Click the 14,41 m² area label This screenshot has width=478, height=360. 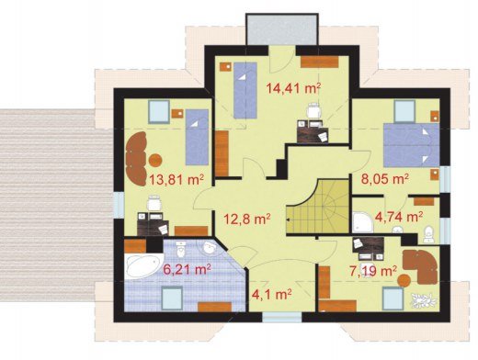pos(293,88)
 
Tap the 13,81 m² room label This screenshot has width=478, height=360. pos(176,180)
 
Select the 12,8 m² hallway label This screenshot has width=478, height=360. pos(246,219)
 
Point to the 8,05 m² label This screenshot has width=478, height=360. pos(385,179)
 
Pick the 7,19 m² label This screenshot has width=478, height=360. pos(373,271)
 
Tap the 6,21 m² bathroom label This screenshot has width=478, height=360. pos(187,270)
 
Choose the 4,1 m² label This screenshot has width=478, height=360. pos(271,295)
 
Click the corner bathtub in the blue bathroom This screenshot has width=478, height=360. pos(143,265)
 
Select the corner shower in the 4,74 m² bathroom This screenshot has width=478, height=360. pos(363,221)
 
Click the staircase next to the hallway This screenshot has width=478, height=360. pos(317,208)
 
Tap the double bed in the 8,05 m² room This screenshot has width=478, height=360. pos(412,145)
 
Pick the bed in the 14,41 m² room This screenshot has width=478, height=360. pos(245,90)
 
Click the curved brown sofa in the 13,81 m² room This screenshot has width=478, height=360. pos(136,159)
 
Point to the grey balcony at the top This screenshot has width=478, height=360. pos(282,29)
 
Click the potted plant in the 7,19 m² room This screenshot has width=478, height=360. pos(423,300)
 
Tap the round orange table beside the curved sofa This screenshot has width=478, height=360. pos(155,160)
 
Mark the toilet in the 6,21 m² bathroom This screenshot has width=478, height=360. pos(181,250)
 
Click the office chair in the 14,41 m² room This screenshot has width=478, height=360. pos(314,110)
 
